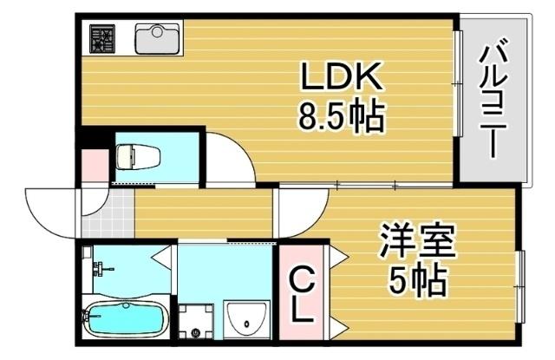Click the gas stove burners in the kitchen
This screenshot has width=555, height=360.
105,39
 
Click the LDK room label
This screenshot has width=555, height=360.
341,81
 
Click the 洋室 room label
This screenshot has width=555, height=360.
417,241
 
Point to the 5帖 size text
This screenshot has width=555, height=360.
417,279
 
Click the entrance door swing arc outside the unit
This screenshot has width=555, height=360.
50,212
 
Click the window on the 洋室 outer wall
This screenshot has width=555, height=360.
522,285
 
